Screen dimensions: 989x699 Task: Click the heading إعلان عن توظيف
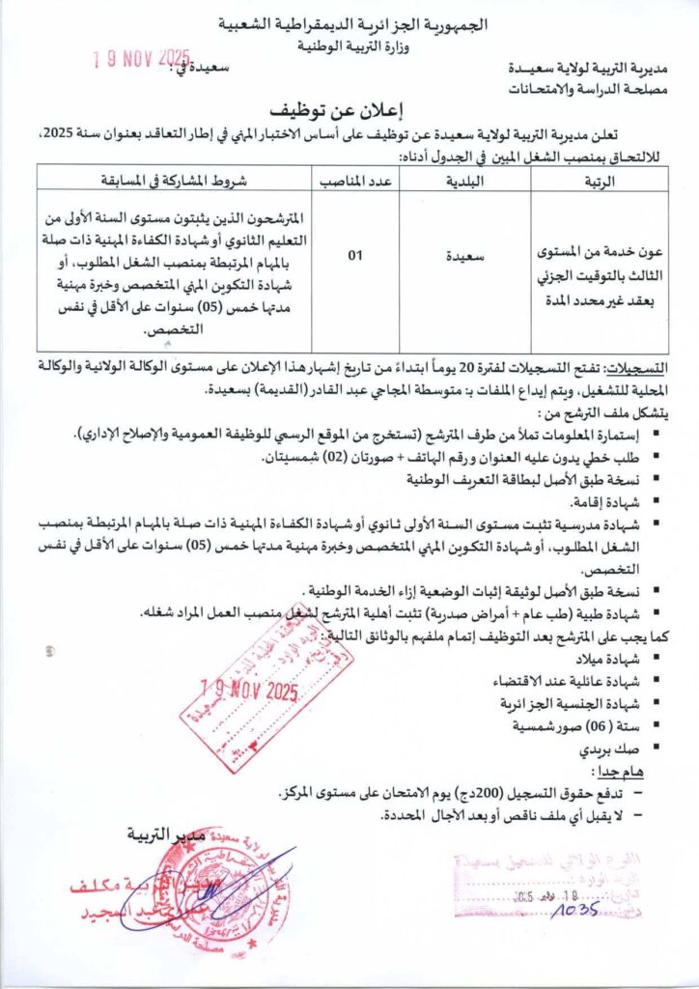(x=349, y=107)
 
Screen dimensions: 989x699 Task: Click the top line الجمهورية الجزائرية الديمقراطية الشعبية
(x=349, y=22)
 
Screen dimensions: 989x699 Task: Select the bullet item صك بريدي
(x=623, y=748)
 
